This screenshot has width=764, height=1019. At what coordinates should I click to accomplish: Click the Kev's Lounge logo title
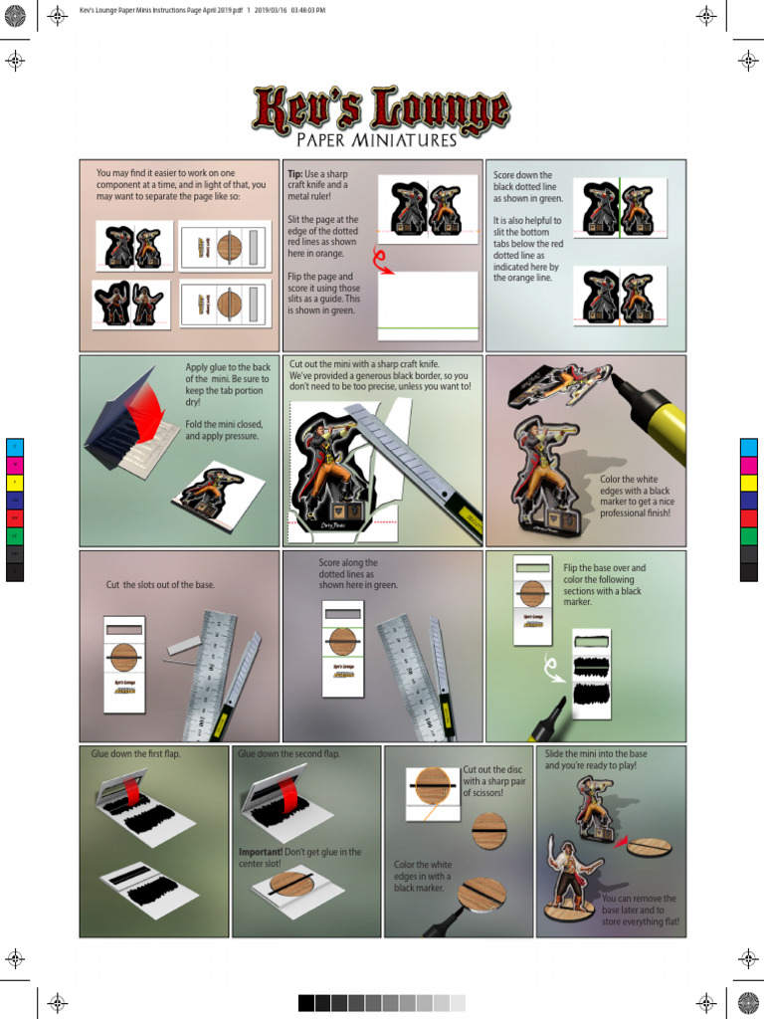coord(381,109)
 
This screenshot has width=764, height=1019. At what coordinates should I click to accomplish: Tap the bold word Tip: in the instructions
coord(295,174)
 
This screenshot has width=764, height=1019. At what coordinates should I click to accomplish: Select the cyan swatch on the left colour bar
coord(15,447)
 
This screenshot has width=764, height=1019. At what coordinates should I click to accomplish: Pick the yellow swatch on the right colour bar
coord(748,483)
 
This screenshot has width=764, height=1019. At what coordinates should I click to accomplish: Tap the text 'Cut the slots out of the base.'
coord(160,584)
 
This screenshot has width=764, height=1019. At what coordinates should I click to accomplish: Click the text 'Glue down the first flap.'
coord(135,754)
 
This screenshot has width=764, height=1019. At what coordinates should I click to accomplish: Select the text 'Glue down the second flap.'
coord(288,754)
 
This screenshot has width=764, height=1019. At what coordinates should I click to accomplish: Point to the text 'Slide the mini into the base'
coord(595,760)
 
